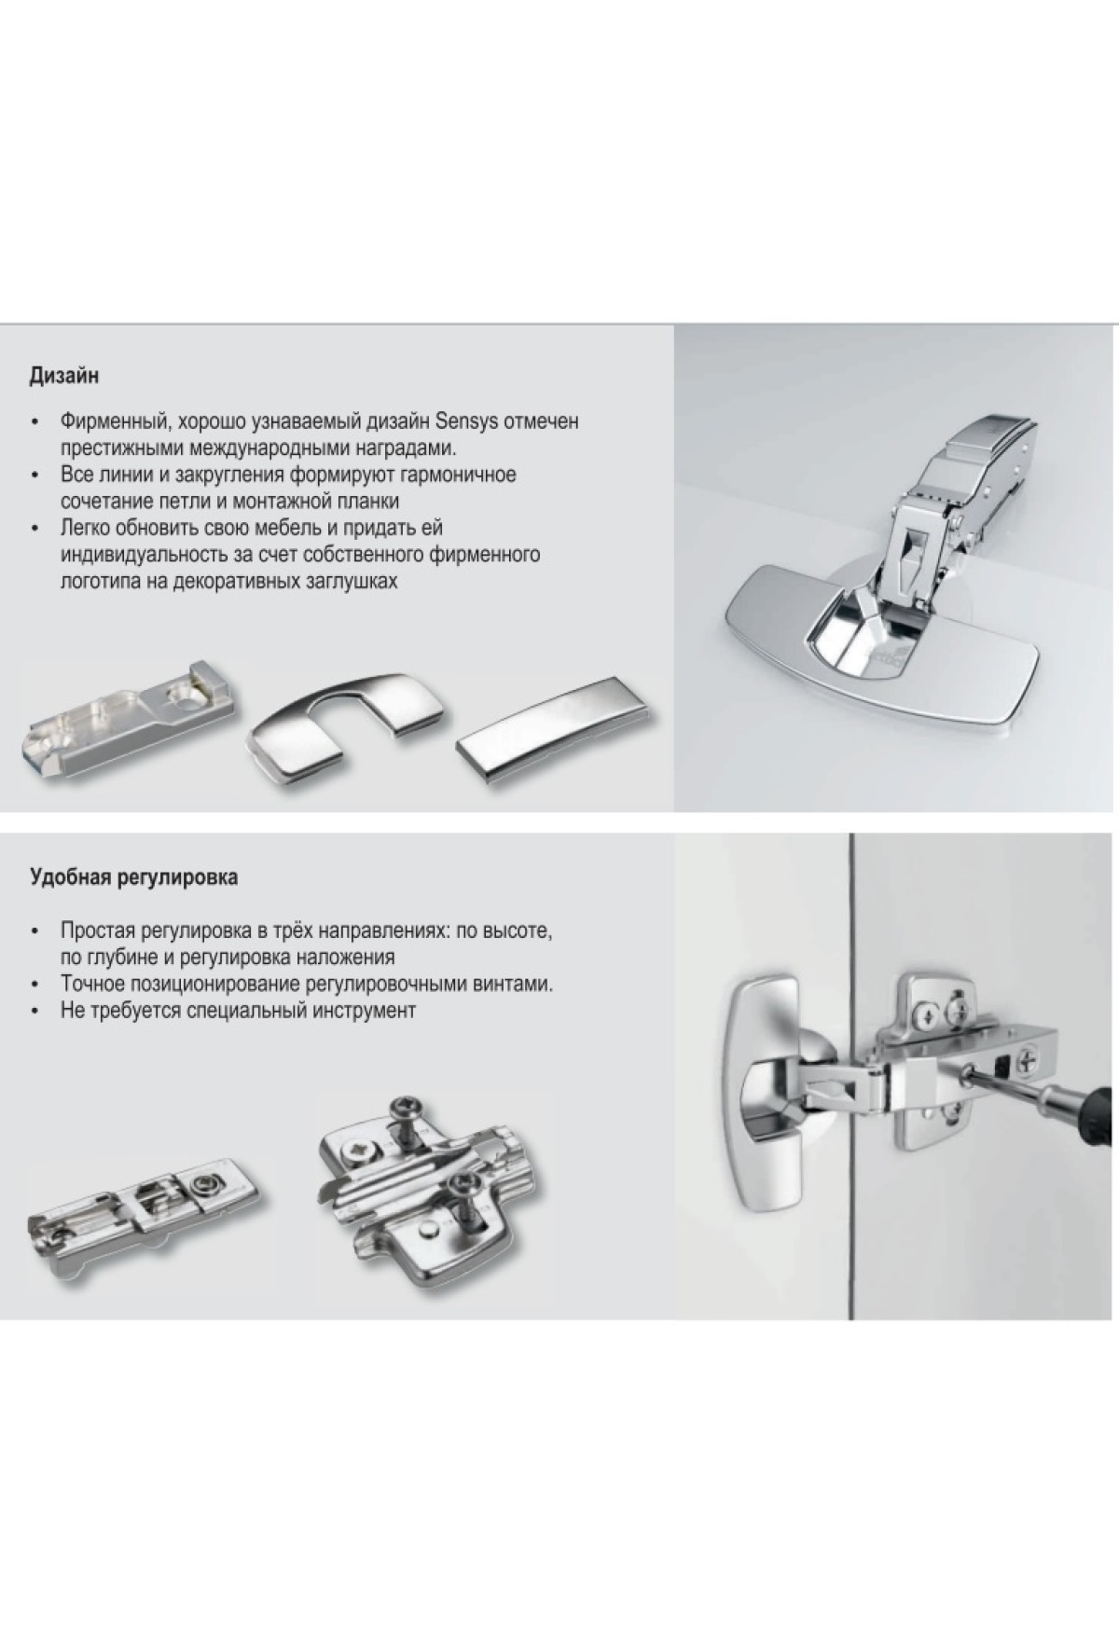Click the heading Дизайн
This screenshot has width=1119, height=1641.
point(64,378)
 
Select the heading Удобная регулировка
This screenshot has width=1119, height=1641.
point(133,877)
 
